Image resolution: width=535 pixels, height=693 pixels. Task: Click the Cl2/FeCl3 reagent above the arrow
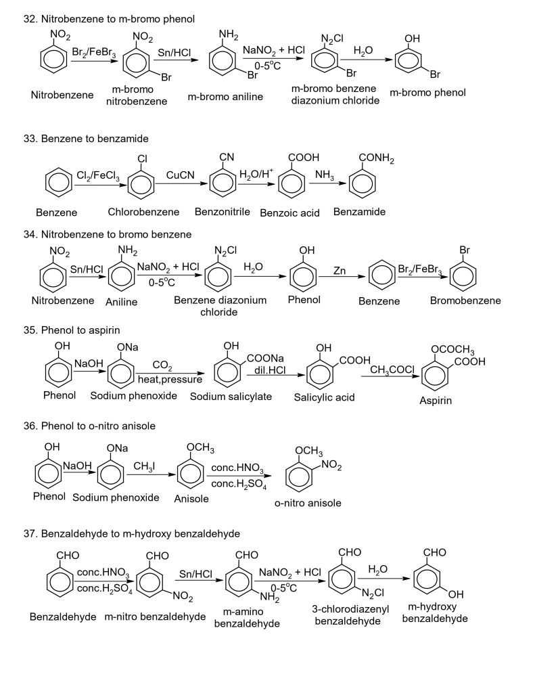coord(98,177)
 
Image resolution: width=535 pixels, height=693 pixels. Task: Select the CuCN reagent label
coord(181,175)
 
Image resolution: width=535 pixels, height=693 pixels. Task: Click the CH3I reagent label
coord(145,467)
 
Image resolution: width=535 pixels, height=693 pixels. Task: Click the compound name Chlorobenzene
coord(143,212)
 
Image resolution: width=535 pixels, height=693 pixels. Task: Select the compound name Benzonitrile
coord(223,212)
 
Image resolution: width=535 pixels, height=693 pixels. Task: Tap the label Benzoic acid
coord(290,213)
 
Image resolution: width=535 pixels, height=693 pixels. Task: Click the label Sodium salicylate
coord(231,397)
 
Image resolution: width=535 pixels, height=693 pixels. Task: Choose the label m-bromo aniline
coord(225,97)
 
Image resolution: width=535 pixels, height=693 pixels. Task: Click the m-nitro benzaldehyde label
coord(155,617)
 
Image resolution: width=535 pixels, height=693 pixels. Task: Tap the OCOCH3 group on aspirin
coord(452,351)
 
